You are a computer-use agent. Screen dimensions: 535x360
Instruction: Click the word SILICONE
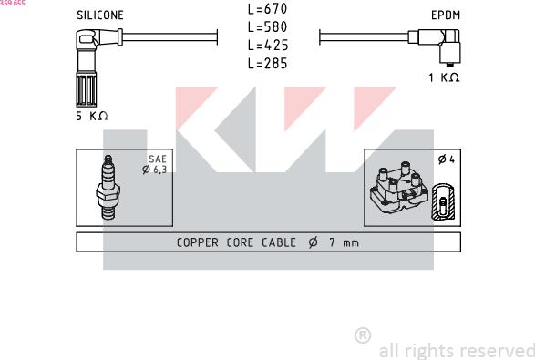click(100, 15)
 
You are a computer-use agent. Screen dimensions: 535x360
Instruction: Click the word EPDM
click(446, 15)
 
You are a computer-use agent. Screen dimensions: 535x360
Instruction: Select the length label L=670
click(268, 9)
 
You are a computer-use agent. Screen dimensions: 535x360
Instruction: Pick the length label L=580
click(268, 27)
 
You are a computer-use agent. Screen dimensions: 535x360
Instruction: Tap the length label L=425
click(268, 45)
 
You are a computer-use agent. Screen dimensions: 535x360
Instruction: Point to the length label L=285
click(268, 64)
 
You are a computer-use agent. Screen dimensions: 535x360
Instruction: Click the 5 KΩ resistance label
click(92, 116)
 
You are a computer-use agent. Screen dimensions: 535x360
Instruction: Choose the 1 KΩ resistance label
click(444, 77)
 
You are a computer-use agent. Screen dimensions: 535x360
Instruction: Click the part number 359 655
click(13, 3)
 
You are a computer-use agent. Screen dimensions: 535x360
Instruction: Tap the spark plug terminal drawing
click(108, 188)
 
